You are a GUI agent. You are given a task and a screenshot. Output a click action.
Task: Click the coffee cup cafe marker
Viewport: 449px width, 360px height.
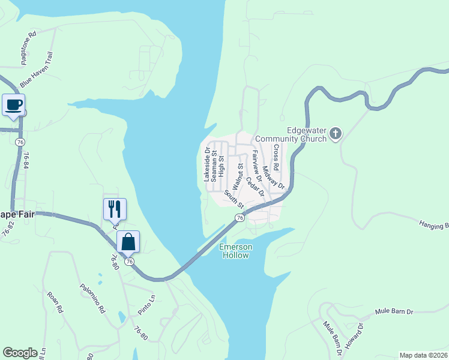[13, 105]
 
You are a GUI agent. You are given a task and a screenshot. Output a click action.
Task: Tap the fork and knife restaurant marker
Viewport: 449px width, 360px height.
[115, 209]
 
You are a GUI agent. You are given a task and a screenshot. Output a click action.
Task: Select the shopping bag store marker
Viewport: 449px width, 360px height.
[128, 242]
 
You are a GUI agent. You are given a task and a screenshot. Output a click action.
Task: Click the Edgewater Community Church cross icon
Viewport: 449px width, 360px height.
[336, 133]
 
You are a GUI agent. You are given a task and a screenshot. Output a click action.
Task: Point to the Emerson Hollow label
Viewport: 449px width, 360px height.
[235, 251]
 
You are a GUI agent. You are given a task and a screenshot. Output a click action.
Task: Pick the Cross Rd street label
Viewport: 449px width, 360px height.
[276, 157]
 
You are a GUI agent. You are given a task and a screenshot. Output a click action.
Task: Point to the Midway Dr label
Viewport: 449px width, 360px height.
[272, 177]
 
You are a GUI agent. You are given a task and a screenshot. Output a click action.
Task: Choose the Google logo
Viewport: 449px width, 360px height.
[20, 353]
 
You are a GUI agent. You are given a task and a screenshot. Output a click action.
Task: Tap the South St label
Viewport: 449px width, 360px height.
[234, 199]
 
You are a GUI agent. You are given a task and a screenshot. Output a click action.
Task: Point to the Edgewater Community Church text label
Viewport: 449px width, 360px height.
[291, 134]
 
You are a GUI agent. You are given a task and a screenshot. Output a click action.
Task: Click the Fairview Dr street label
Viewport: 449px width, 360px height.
[256, 166]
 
